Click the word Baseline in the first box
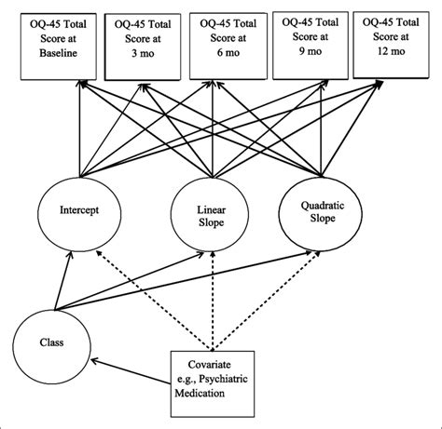pyautogui.click(x=58, y=53)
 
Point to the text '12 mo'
pyautogui.click(x=392, y=51)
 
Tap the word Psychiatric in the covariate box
pyautogui.click(x=224, y=379)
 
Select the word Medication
pyautogui.click(x=200, y=394)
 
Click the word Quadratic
pyautogui.click(x=323, y=206)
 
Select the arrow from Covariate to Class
pyautogui.click(x=131, y=371)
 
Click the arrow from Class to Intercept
pyautogui.click(x=62, y=280)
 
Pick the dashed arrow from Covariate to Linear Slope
pyautogui.click(x=213, y=301)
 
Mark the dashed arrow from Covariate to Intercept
pyautogui.click(x=154, y=301)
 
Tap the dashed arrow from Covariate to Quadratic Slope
pyautogui.click(x=267, y=301)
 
